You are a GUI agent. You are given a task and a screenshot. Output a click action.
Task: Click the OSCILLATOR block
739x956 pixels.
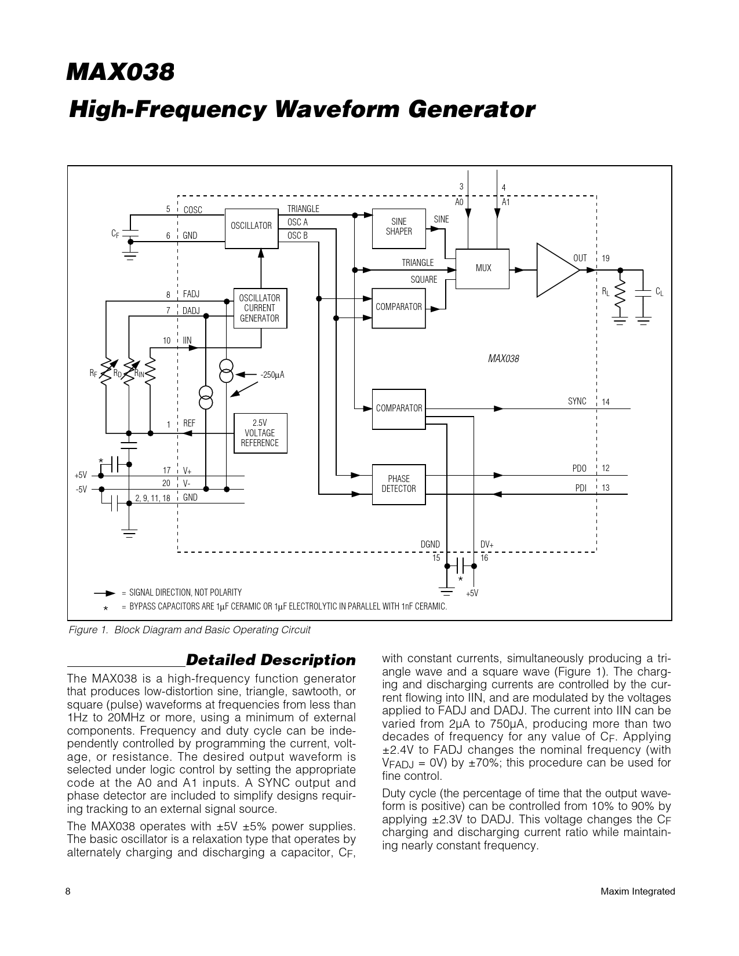(x=251, y=226)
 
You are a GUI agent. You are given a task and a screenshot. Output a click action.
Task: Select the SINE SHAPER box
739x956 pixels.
(x=398, y=227)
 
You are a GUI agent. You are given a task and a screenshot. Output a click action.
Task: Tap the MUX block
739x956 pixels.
(x=483, y=268)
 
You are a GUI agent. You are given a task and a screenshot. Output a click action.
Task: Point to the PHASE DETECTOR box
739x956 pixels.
(x=398, y=484)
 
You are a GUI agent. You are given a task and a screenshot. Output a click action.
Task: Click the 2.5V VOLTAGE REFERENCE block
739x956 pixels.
(x=260, y=433)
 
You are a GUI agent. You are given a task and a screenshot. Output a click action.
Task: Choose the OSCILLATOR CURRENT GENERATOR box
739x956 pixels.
(x=260, y=308)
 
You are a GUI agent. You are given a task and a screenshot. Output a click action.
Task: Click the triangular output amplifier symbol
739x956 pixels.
(x=557, y=269)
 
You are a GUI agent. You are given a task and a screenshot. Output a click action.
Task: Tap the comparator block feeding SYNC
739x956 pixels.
(x=398, y=408)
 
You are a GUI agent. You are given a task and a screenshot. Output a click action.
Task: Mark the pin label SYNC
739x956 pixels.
(x=577, y=402)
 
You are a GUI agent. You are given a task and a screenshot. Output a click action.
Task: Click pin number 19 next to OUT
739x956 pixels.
(x=606, y=258)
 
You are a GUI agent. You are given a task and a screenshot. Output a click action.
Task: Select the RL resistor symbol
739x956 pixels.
(x=620, y=296)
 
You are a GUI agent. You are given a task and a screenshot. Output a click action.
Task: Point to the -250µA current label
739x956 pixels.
(x=272, y=375)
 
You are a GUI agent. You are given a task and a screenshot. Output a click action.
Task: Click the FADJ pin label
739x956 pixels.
(x=191, y=294)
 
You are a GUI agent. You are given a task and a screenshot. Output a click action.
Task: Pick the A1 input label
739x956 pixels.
(x=505, y=202)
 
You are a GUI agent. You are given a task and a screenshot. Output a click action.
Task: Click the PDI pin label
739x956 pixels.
(x=581, y=488)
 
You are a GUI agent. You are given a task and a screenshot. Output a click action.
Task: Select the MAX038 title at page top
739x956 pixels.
(x=121, y=74)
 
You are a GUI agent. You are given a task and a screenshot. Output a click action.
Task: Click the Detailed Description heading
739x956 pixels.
(x=271, y=660)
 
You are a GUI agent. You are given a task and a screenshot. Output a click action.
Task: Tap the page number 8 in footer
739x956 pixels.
(x=68, y=892)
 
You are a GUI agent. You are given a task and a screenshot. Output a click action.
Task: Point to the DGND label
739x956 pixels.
(x=430, y=544)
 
